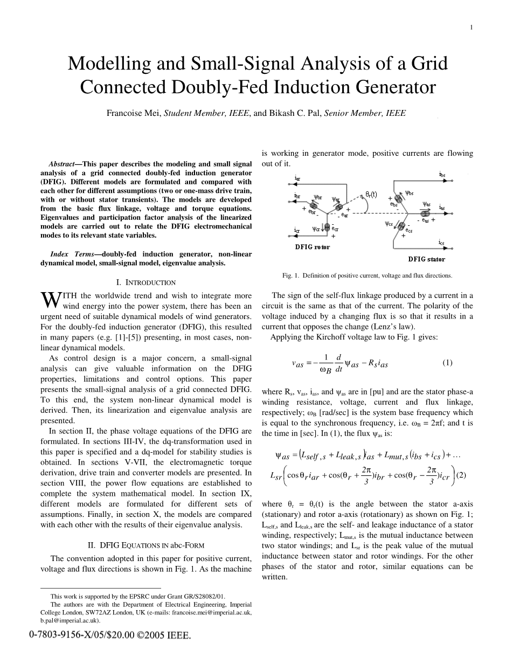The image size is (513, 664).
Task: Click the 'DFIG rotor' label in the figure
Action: click(312, 247)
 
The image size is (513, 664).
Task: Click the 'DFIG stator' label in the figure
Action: click(426, 259)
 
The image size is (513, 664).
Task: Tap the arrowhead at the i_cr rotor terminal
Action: click(297, 236)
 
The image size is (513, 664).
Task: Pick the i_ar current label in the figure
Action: click(297, 178)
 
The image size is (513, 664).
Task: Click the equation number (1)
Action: click(447, 363)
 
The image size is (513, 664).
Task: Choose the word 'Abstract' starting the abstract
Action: click(62, 163)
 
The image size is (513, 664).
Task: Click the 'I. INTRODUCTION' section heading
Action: click(146, 282)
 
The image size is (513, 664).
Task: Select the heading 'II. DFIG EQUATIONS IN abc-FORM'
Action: click(146, 545)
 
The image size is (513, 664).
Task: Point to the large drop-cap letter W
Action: click(48, 300)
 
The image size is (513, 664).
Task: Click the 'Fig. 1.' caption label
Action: click(290, 275)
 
